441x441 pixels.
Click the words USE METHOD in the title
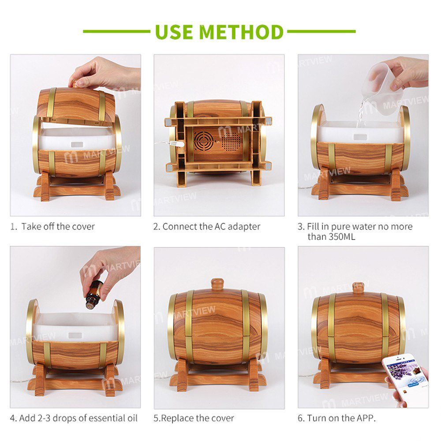(x=219, y=32)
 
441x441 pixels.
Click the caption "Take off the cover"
(x=58, y=227)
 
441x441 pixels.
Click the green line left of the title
(x=117, y=32)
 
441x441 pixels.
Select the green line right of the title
(x=321, y=32)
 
